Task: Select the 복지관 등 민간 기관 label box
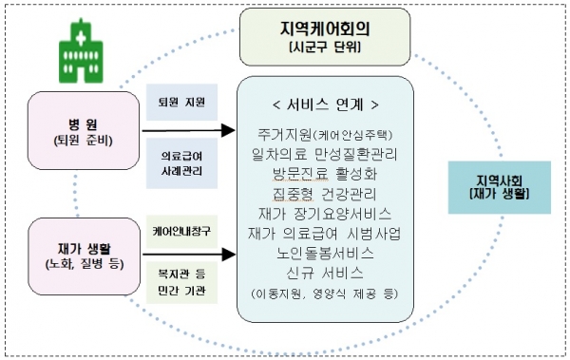click(179, 281)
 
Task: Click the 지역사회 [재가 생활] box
click(503, 185)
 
